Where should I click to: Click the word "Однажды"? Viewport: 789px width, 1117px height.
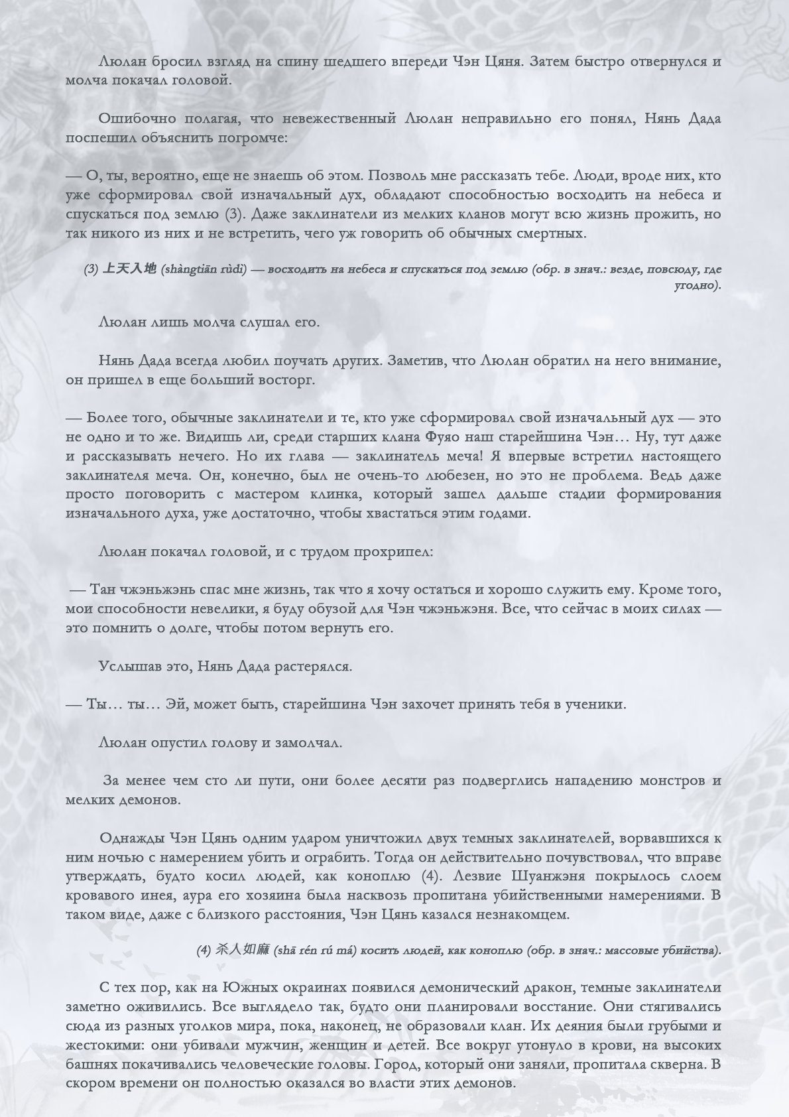point(130,838)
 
